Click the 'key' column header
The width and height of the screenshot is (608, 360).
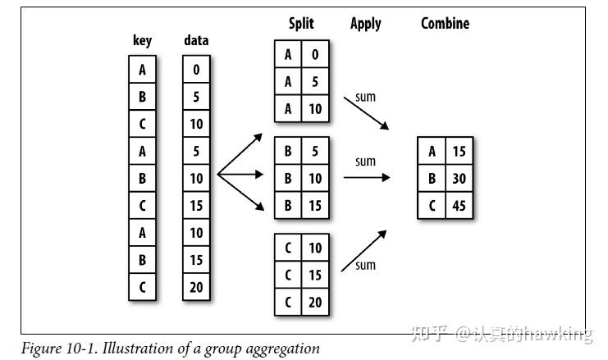tap(142, 40)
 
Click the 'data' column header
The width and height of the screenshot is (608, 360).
tap(196, 40)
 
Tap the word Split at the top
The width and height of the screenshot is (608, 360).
tap(301, 23)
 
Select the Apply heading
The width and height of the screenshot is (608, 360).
tap(366, 24)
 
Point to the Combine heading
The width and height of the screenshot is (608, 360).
tap(446, 23)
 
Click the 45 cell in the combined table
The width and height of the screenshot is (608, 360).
tap(459, 205)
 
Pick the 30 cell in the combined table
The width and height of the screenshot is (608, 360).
tap(459, 178)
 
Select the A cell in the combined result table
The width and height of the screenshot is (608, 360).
tap(432, 151)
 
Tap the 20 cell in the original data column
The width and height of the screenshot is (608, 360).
tap(196, 287)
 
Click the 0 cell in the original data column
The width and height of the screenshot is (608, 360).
tap(196, 70)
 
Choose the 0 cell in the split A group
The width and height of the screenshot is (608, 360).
tap(315, 54)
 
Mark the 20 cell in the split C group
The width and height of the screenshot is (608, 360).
tap(315, 302)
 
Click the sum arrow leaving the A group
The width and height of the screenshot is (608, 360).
tap(366, 113)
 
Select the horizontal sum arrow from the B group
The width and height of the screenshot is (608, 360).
tap(367, 177)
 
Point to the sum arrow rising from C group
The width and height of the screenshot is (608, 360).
tap(363, 251)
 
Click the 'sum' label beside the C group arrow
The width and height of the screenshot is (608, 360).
tap(365, 266)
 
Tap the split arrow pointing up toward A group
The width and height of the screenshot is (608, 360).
tap(240, 154)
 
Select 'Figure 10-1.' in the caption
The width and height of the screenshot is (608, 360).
tap(58, 348)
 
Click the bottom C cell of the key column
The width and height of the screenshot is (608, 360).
tap(142, 287)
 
